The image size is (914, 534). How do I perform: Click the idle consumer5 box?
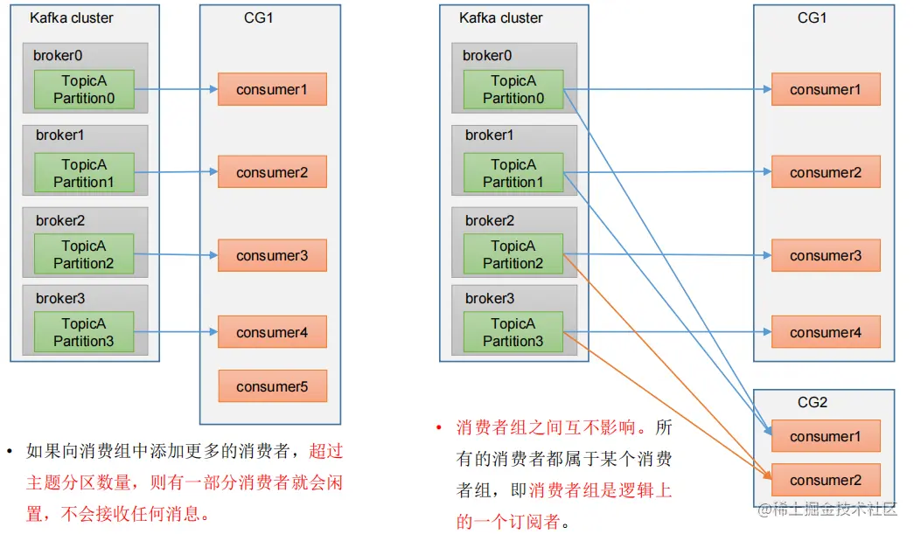[x=272, y=386]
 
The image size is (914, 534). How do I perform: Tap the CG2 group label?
[x=813, y=403]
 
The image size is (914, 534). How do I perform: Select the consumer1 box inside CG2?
[x=825, y=436]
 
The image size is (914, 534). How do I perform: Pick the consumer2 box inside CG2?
[x=825, y=480]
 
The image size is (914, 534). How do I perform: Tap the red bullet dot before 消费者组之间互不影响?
[x=439, y=428]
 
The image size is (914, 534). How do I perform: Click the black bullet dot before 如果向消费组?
[x=10, y=451]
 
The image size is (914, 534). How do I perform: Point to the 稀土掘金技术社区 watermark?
[x=827, y=510]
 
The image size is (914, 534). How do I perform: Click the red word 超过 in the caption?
[x=325, y=451]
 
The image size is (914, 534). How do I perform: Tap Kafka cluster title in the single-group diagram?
[x=72, y=17]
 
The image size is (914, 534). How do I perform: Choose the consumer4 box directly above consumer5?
[x=272, y=332]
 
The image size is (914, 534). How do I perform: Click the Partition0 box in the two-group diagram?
[x=513, y=89]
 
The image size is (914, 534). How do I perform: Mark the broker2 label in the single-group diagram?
[x=60, y=220]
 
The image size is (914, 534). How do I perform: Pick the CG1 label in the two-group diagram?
[x=813, y=17]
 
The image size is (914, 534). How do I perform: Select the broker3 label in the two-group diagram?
[x=490, y=299]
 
